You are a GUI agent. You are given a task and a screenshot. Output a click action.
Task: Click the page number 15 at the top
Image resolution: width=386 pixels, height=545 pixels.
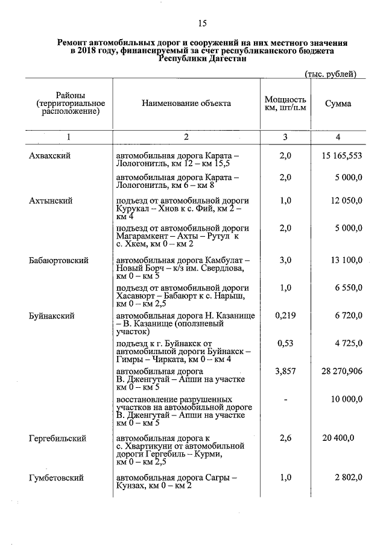(x=202, y=23)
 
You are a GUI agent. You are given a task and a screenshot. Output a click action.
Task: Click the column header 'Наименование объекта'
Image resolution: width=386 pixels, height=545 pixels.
(x=186, y=104)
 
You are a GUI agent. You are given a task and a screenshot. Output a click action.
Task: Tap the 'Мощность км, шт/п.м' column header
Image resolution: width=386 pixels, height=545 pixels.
(x=285, y=104)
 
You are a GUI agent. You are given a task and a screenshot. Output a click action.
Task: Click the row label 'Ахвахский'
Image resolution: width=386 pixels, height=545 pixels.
(x=50, y=155)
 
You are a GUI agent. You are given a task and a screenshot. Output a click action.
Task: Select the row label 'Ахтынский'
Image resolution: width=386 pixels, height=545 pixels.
(x=51, y=200)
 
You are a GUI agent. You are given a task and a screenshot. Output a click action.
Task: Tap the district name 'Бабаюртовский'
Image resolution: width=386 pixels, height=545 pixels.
(x=59, y=260)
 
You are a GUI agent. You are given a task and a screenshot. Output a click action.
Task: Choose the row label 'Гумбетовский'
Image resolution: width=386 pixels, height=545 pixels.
(x=56, y=478)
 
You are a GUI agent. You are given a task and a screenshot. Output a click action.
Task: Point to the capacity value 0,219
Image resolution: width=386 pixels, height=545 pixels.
(x=285, y=315)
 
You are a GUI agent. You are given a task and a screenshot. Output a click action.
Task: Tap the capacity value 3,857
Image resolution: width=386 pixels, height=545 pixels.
(x=285, y=372)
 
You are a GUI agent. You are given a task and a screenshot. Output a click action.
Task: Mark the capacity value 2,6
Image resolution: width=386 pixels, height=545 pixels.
(x=285, y=438)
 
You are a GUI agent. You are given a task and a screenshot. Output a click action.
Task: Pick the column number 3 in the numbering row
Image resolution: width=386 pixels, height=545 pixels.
(x=285, y=137)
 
